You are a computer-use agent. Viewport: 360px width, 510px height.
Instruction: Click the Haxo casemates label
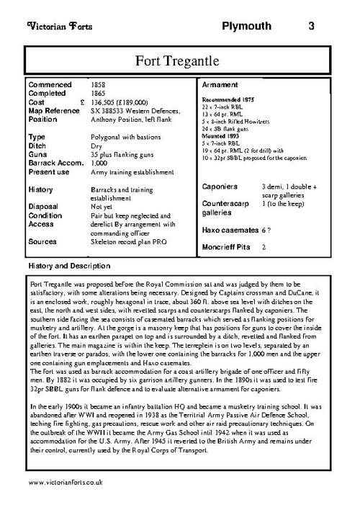228,228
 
